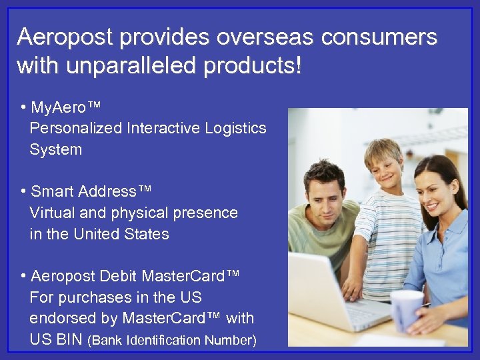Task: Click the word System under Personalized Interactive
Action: (55, 149)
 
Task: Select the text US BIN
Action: (56, 340)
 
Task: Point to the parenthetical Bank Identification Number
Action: (172, 341)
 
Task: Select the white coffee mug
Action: (406, 309)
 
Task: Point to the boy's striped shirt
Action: (387, 233)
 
